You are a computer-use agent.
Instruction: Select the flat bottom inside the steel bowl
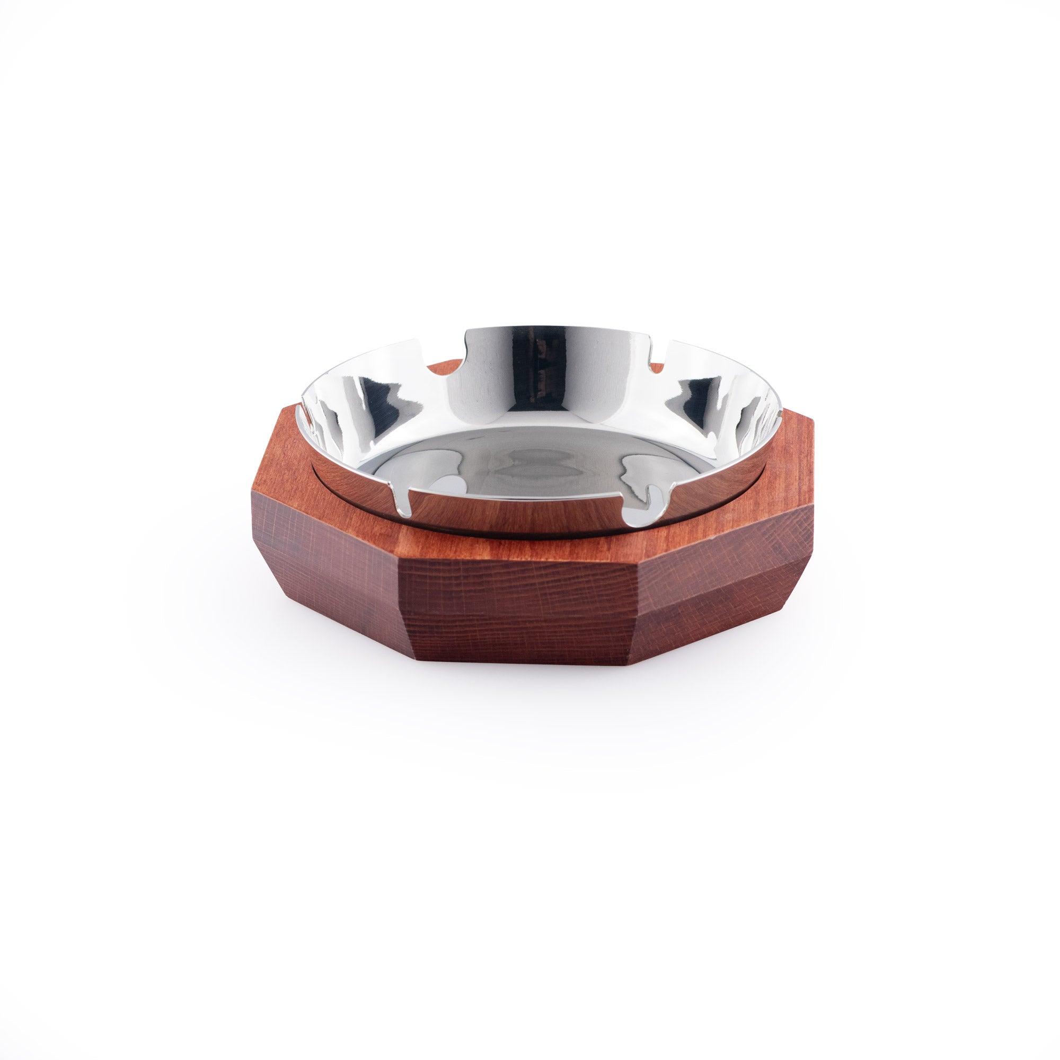click(527, 472)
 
